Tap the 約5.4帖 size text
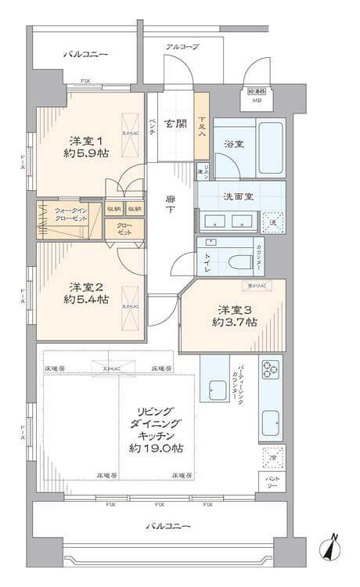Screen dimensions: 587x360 85,301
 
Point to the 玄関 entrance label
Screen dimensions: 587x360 176,123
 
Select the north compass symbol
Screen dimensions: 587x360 333,548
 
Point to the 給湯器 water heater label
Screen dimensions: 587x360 256,91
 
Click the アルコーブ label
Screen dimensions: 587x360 182,47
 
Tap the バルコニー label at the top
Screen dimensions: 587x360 85,54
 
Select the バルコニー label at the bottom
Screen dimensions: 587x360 167,526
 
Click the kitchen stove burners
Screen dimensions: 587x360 271,369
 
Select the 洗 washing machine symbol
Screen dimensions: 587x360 272,222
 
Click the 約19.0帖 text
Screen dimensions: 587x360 157,448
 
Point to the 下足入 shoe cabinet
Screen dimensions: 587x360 202,126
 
